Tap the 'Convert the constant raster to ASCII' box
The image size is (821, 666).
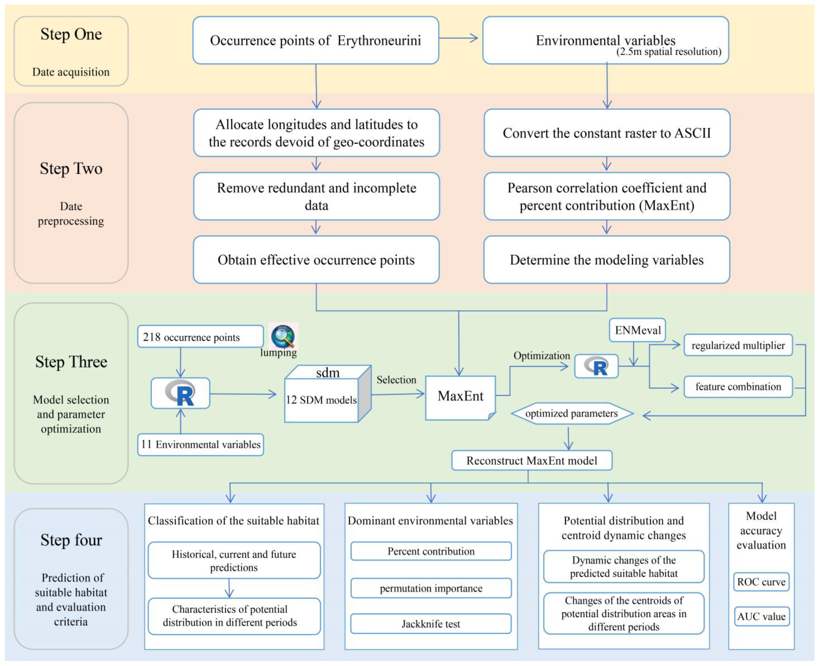point(607,133)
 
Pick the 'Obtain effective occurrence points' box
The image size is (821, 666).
point(316,260)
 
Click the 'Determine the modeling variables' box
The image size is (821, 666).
point(607,260)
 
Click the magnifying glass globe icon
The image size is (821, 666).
point(283,336)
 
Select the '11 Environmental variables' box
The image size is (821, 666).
point(200,444)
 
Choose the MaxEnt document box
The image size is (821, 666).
point(460,397)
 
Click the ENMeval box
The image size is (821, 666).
point(637,330)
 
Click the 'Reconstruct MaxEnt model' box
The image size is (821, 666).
point(532,460)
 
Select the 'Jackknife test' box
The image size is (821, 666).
point(431,624)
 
